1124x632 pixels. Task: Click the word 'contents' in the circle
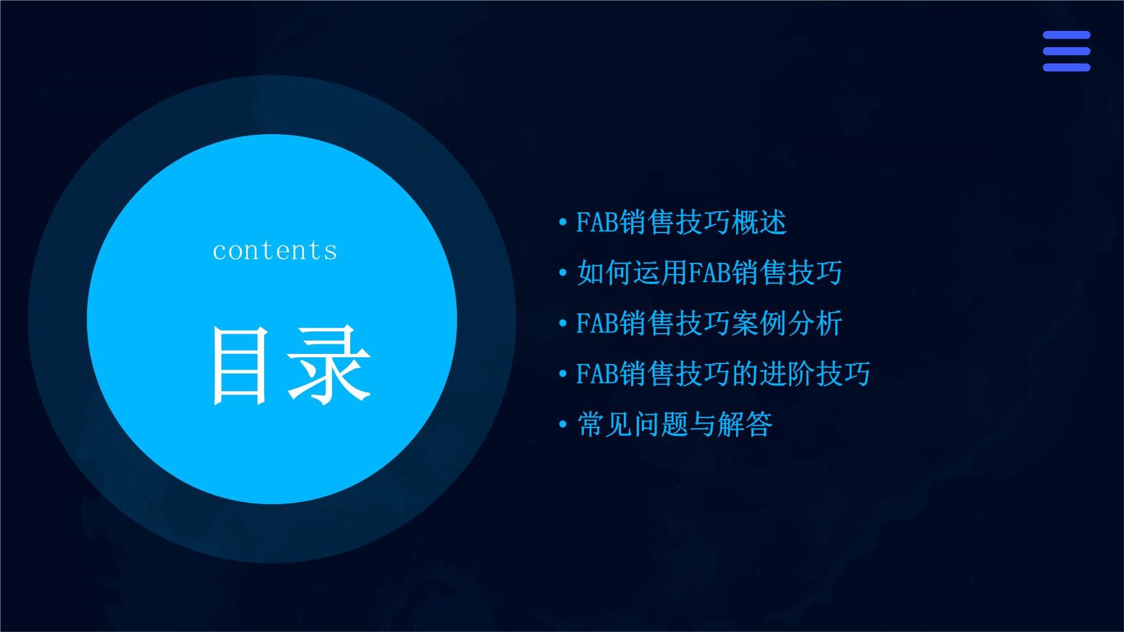click(x=275, y=251)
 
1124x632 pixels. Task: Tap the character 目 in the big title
click(x=239, y=366)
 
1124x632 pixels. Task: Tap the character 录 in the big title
click(x=329, y=366)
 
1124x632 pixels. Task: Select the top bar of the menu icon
click(x=1067, y=35)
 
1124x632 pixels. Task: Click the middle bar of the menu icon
click(x=1067, y=51)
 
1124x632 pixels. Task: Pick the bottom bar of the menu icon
click(x=1067, y=67)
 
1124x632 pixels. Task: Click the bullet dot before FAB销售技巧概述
click(x=563, y=223)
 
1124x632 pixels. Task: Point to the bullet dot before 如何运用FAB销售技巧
click(x=563, y=274)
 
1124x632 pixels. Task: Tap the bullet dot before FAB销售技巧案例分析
click(x=563, y=324)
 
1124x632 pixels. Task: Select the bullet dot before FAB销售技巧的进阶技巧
click(x=563, y=375)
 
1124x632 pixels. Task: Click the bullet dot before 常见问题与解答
click(x=563, y=425)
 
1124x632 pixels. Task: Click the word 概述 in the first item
click(x=759, y=222)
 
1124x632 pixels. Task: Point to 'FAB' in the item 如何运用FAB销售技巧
click(x=710, y=272)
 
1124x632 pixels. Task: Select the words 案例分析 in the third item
click(x=787, y=323)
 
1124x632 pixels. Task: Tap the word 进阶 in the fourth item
click(x=787, y=374)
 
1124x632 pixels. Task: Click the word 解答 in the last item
click(x=745, y=424)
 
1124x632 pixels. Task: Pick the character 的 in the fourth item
click(x=745, y=374)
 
